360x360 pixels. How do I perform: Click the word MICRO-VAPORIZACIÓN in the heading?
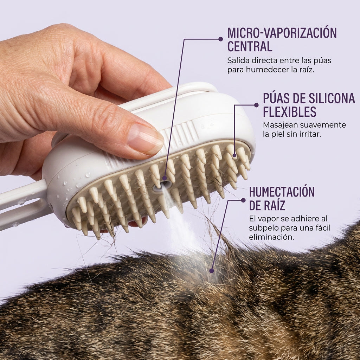point(282,33)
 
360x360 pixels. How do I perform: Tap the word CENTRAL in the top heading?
point(250,46)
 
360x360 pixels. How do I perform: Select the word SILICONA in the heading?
point(332,98)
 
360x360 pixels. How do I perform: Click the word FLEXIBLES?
point(290,112)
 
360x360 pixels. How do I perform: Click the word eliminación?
point(271,237)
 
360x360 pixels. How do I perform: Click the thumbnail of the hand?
point(145,139)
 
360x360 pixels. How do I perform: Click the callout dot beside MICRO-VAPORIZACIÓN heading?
point(221,39)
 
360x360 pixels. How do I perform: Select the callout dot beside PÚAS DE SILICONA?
point(256,105)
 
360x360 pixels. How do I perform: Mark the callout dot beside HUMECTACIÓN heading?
point(243,200)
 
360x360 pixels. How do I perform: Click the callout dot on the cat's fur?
point(212,271)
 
